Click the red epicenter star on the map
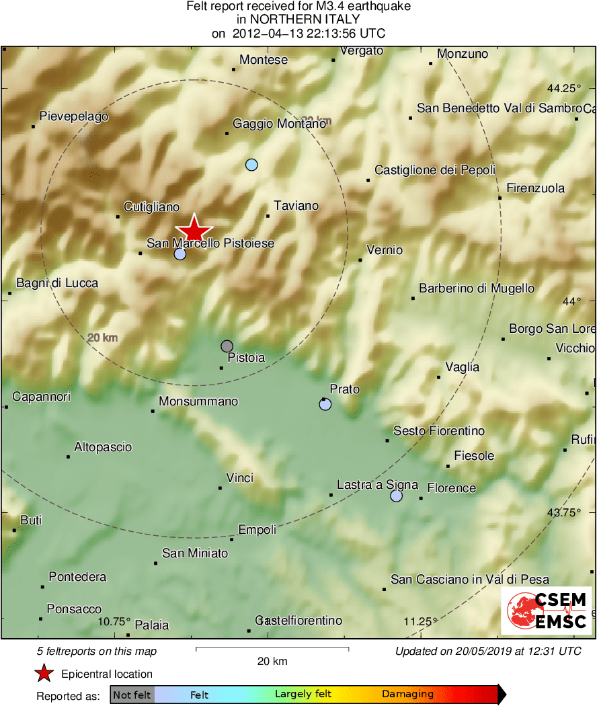tap(194, 229)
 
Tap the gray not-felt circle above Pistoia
tap(227, 346)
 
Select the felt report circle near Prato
tap(325, 404)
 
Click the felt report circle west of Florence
tap(397, 496)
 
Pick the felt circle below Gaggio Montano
tap(251, 165)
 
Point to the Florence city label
tap(451, 488)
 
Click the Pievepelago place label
tap(74, 117)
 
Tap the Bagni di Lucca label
tap(57, 283)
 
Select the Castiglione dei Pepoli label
tap(435, 170)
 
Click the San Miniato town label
tap(195, 553)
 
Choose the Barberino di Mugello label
tap(477, 288)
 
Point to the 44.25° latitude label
tap(563, 88)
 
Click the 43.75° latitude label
tap(563, 512)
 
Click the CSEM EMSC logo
tap(546, 611)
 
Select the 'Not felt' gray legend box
tap(132, 695)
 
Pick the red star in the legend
tap(44, 674)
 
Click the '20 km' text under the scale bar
tap(272, 661)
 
